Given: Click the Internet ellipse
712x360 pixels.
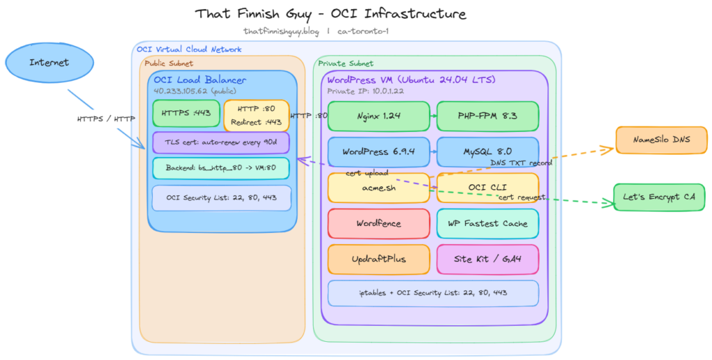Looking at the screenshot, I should [x=49, y=63].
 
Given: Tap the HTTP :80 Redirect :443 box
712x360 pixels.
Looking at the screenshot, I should [x=256, y=115].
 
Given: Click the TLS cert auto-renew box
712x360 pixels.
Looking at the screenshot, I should [x=220, y=142].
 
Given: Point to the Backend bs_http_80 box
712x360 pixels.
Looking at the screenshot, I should [x=220, y=168].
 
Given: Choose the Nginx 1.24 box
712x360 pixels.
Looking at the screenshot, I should [x=378, y=116].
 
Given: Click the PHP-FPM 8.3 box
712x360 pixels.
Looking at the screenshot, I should [x=487, y=116].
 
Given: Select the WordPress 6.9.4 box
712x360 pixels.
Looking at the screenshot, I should [x=378, y=152].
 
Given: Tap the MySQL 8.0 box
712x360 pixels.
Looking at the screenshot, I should [x=487, y=152].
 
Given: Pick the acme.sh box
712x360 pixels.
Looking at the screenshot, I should [x=378, y=188].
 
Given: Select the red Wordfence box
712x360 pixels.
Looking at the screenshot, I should [x=378, y=223].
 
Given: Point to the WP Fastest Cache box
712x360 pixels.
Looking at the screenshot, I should [x=487, y=223].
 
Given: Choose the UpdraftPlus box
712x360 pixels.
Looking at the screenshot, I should [x=378, y=259].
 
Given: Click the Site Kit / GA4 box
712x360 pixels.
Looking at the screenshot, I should [x=487, y=259].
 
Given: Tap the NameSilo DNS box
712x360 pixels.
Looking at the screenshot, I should [x=661, y=140].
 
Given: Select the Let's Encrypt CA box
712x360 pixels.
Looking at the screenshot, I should [x=658, y=197].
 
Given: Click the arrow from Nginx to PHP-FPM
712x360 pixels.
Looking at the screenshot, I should [x=432, y=116].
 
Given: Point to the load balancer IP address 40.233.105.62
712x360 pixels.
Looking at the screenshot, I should [x=195, y=91].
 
